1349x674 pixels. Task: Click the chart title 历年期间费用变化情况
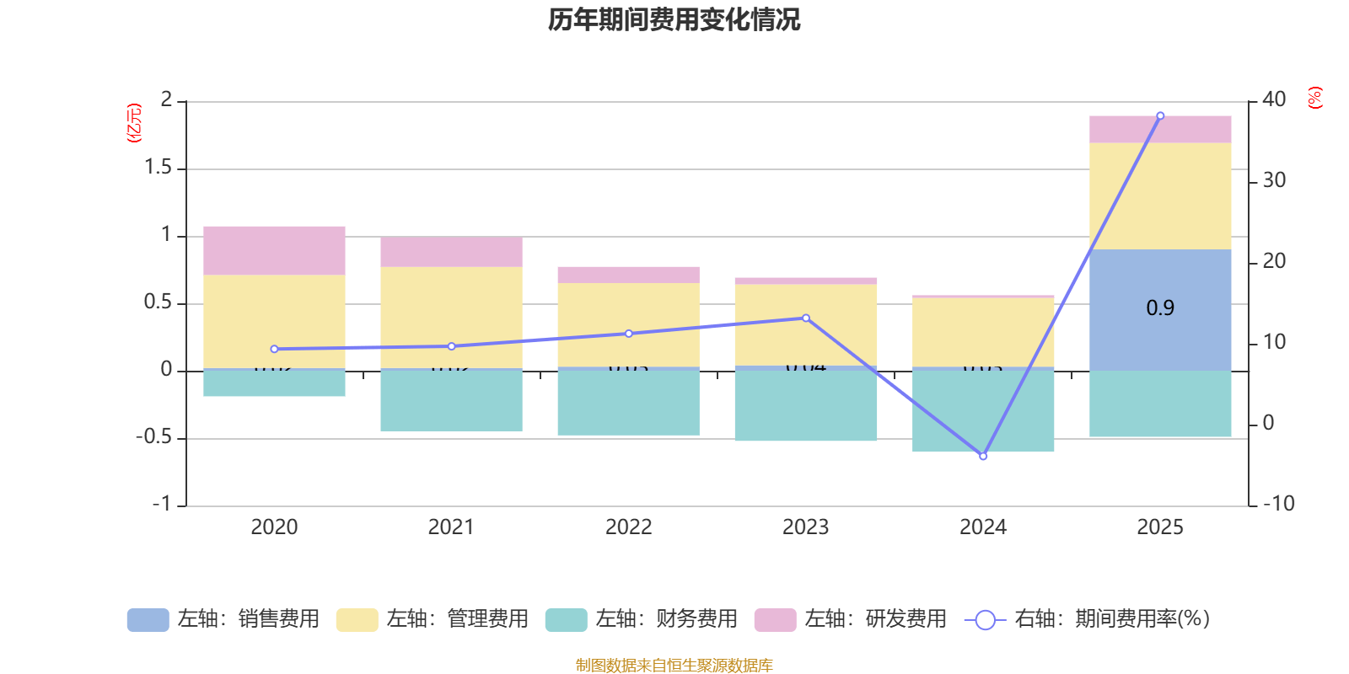[x=674, y=19]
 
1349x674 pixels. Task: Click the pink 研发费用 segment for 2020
[x=274, y=250]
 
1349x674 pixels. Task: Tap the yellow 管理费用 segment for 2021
[x=451, y=317]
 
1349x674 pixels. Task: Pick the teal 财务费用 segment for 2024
[x=983, y=411]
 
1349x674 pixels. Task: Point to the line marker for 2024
[x=983, y=456]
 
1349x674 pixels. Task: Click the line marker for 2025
[x=1160, y=115]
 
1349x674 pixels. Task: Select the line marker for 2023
[x=806, y=318]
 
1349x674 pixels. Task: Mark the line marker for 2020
[x=274, y=349]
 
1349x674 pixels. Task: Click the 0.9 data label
[x=1160, y=308]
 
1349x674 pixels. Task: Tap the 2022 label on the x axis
[x=628, y=527]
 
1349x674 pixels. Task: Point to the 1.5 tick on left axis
[x=158, y=168]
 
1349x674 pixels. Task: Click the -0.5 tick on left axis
[x=153, y=437]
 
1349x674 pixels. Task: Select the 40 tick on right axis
[x=1274, y=99]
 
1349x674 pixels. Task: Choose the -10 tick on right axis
[x=1278, y=504]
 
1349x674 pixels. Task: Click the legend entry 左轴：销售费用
[x=223, y=619]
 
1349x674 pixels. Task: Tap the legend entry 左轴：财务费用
[x=642, y=619]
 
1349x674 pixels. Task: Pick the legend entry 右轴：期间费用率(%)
[x=1087, y=619]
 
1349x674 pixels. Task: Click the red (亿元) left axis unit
[x=133, y=123]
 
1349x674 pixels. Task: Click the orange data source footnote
[x=674, y=666]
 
